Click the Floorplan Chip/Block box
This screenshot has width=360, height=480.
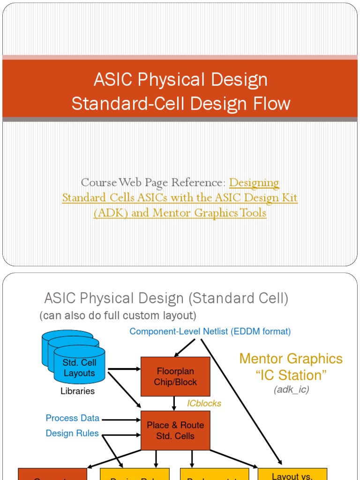[x=175, y=376]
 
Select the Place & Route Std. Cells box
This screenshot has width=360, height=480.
[x=175, y=430]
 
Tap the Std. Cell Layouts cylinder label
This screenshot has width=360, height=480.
[x=79, y=368]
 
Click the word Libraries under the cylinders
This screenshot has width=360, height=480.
[x=77, y=391]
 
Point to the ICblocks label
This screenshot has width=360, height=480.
[x=204, y=403]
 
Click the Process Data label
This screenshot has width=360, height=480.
[x=72, y=418]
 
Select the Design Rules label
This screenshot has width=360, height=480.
[x=72, y=433]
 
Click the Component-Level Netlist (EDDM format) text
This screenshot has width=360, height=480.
[x=210, y=331]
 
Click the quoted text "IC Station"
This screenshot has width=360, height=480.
[x=291, y=375]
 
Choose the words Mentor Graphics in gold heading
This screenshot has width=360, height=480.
[x=291, y=359]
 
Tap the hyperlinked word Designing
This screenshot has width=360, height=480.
[x=254, y=182]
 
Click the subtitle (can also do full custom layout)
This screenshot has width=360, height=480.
[x=118, y=315]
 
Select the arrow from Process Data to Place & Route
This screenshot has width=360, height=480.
[x=121, y=419]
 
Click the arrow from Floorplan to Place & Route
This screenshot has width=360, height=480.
[x=174, y=403]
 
